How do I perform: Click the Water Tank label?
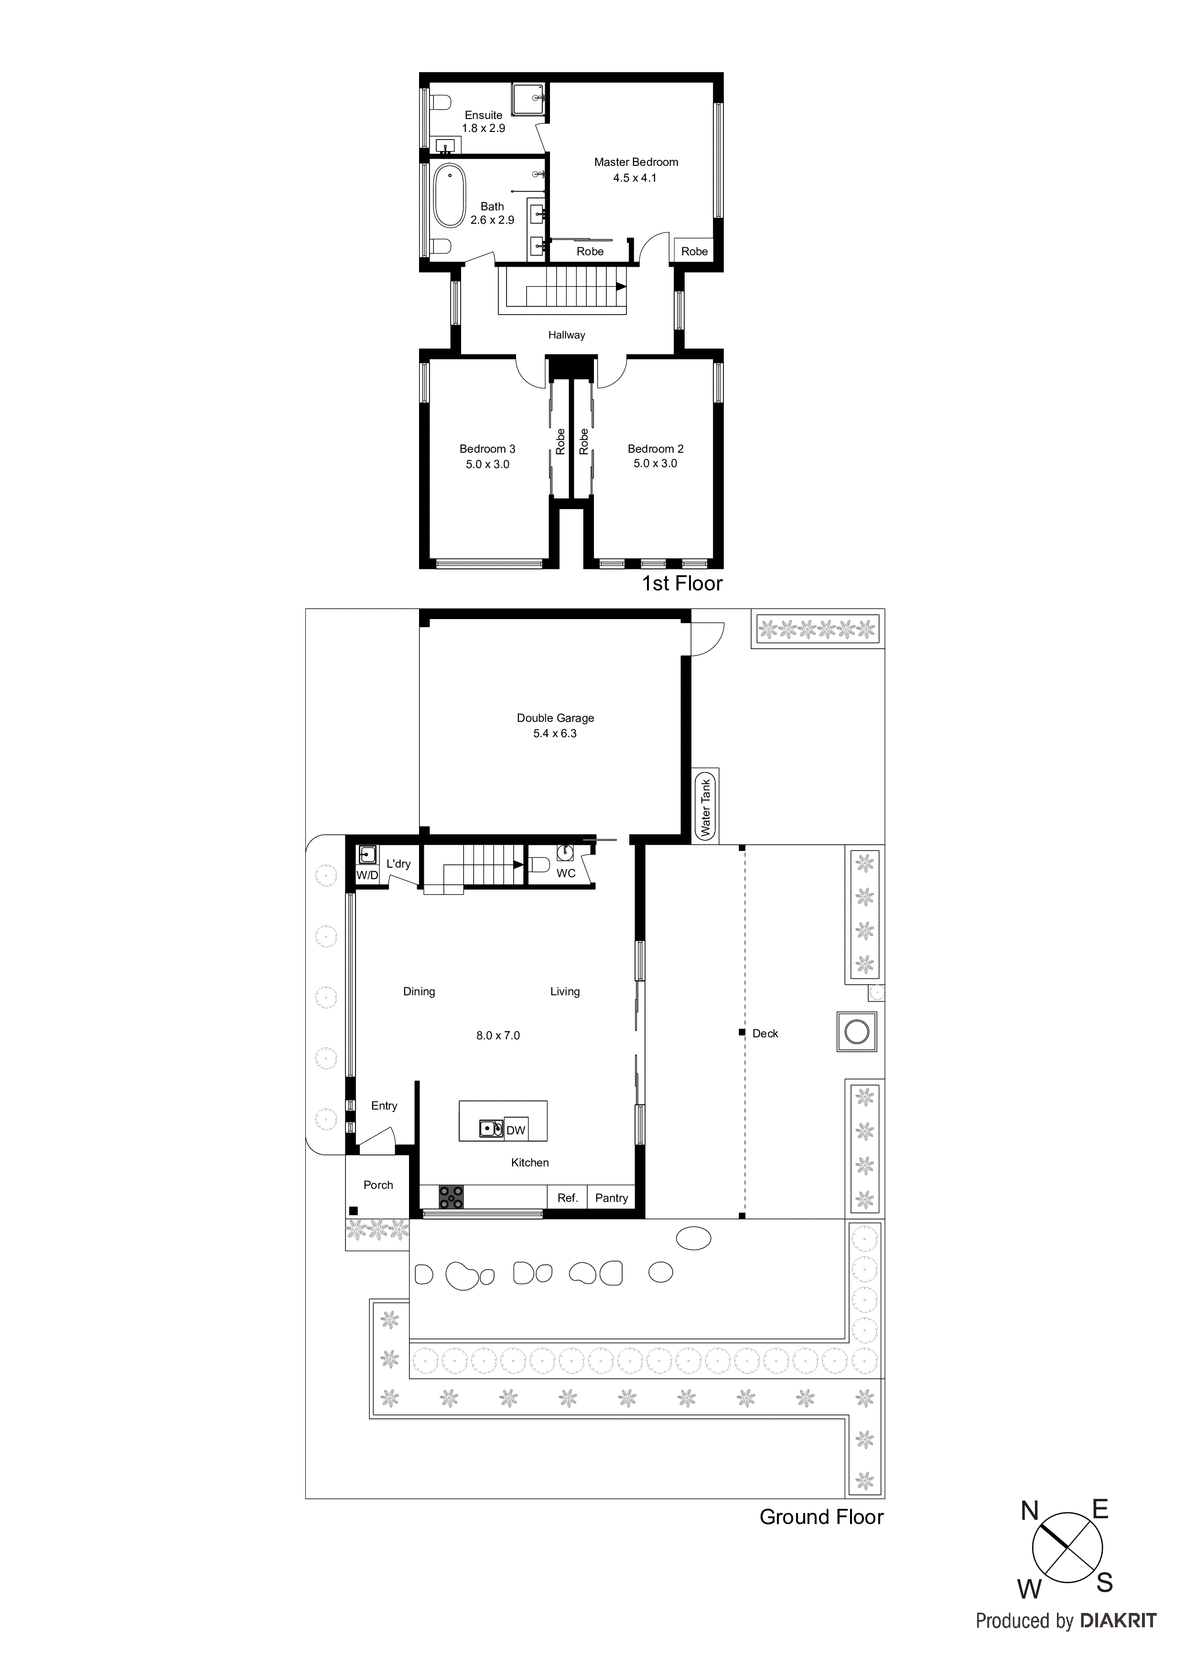pos(705,807)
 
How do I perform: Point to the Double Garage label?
pos(555,718)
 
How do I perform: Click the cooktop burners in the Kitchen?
pos(451,1197)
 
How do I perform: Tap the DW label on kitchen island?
pos(516,1131)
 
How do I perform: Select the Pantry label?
pos(611,1198)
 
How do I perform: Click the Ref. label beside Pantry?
pos(567,1198)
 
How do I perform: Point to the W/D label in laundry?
pos(366,875)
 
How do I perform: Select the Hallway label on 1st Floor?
pos(567,335)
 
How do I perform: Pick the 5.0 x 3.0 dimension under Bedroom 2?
pos(655,464)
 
